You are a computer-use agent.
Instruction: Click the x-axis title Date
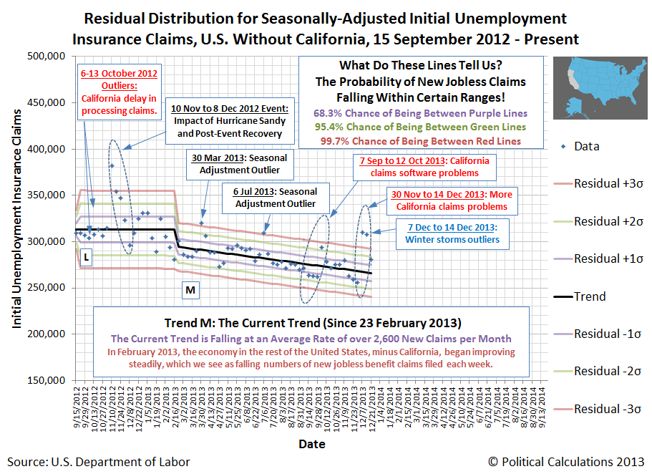[311, 444]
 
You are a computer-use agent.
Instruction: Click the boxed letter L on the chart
[87, 256]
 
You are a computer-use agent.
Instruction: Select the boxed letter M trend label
[190, 290]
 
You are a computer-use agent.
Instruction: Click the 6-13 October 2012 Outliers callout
[120, 92]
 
